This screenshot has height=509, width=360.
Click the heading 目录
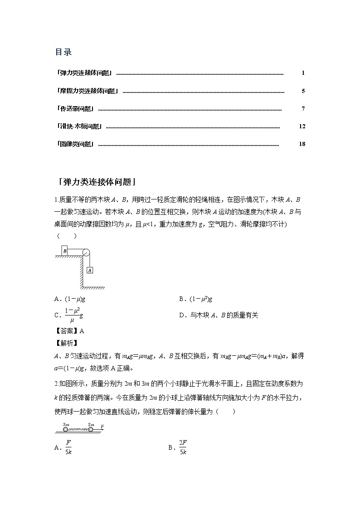63,52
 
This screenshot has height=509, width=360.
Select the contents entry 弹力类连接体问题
85,73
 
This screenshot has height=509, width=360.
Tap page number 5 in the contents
303,91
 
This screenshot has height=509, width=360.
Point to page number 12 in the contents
302,126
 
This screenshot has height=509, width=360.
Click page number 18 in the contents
302,144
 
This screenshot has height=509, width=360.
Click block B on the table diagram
65,251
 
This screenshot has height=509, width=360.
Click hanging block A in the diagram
90,270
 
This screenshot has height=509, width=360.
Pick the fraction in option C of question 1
72,315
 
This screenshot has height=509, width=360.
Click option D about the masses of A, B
219,315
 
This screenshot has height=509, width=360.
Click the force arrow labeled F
99,428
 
